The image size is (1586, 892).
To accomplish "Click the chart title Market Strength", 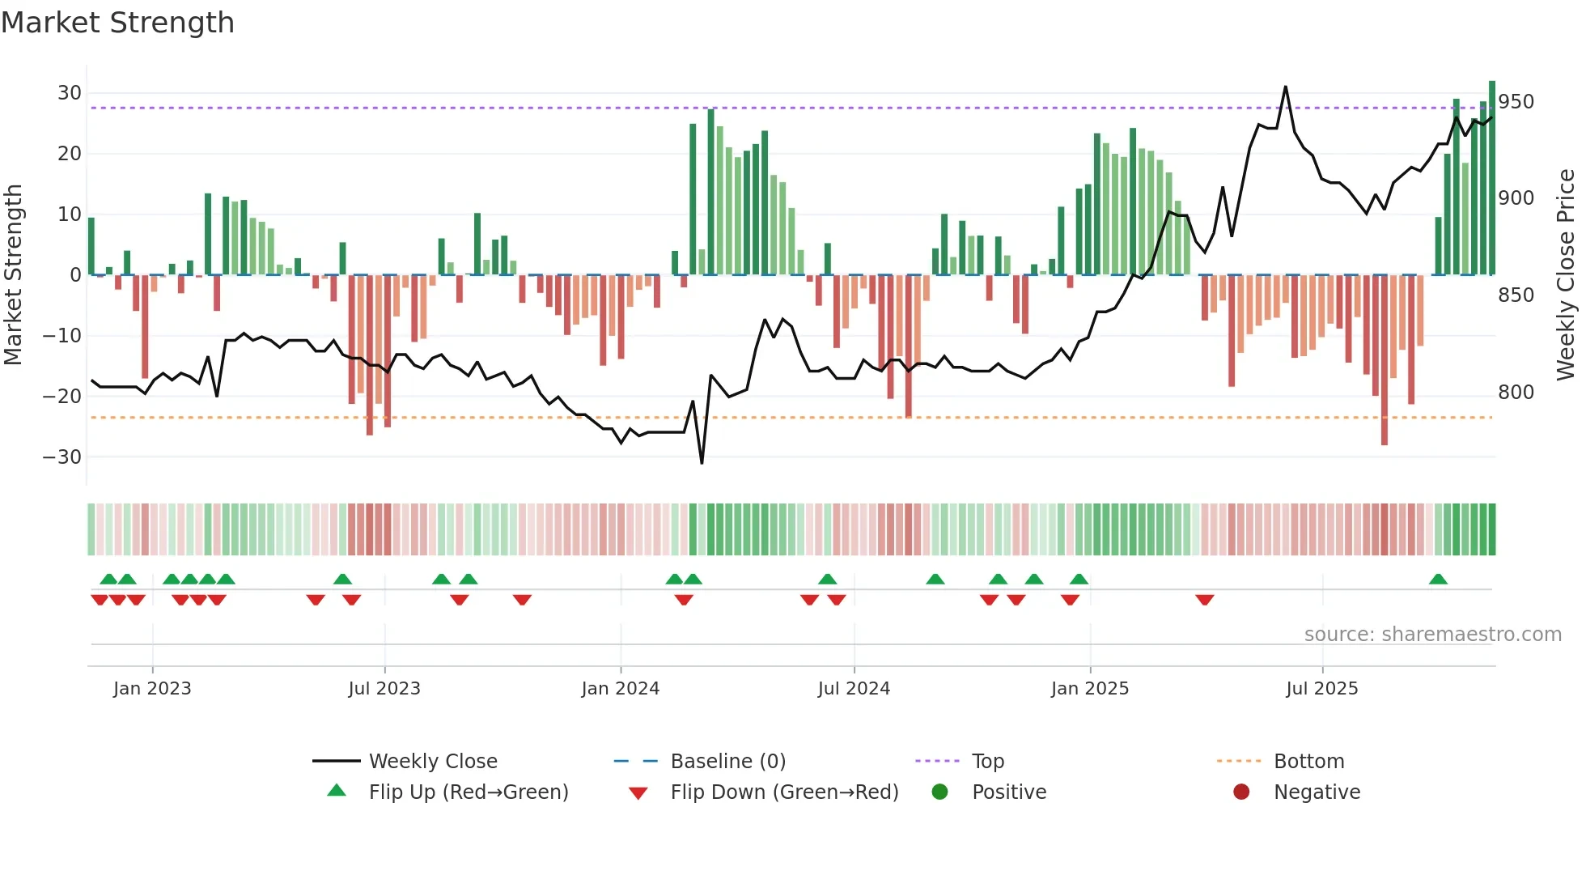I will coord(117,23).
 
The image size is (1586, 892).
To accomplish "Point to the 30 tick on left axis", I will coord(70,93).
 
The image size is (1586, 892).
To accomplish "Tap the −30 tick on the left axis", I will coord(63,457).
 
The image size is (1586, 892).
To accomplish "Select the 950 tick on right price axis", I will coord(1516,102).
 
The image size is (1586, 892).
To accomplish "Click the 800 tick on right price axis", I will coord(1516,393).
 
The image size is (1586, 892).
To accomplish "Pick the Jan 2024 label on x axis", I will coord(620,689).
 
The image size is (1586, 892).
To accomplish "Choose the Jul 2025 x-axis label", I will coord(1321,689).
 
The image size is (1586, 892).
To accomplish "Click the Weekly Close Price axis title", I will coord(1566,275).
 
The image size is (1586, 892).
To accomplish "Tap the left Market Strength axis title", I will coord(13,275).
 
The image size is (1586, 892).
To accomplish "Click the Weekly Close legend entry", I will coord(432,762).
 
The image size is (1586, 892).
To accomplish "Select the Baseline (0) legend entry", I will coord(727,762).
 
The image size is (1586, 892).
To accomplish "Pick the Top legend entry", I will coord(987,762).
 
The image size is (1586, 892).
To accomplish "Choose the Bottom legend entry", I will coord(1308,762).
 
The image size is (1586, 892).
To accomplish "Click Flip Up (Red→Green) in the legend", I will coord(468,792).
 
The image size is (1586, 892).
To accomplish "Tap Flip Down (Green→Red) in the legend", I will coord(783,792).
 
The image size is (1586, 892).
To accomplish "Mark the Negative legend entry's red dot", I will coord(1241,792).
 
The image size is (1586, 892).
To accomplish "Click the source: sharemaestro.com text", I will coord(1432,635).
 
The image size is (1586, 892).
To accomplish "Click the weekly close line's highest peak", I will coord(1285,87).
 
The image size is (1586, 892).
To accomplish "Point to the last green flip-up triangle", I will coord(1438,580).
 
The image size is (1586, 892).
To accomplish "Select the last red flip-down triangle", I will coord(1204,600).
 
